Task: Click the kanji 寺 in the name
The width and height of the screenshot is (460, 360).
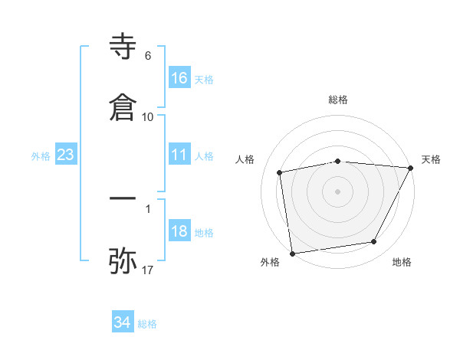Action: coord(123,47)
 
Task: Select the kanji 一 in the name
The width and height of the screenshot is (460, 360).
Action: coord(123,198)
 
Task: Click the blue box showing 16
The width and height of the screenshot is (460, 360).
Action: coord(179,78)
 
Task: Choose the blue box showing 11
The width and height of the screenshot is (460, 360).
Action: coord(179,155)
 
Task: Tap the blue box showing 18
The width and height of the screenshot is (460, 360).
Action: coord(179,232)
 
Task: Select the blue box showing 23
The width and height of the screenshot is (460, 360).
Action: coord(66,155)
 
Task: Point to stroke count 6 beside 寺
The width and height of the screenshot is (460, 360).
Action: coord(148,56)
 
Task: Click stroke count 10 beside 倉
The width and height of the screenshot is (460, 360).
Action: coord(148,116)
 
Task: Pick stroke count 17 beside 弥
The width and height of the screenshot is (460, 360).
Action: coord(148,270)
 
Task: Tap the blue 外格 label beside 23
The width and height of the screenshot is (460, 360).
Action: coord(41,155)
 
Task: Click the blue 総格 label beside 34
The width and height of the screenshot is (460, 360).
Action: coord(147,323)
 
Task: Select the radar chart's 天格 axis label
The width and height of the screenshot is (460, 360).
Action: coord(431,159)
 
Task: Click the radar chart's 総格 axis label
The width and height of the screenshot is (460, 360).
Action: coord(338,100)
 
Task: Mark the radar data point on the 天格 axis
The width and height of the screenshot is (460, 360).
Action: coord(411,168)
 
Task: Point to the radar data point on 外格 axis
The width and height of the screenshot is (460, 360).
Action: coord(292,253)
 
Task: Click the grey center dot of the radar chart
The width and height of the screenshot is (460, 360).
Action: coord(338,191)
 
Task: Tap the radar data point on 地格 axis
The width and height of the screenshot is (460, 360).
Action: coord(374,242)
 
